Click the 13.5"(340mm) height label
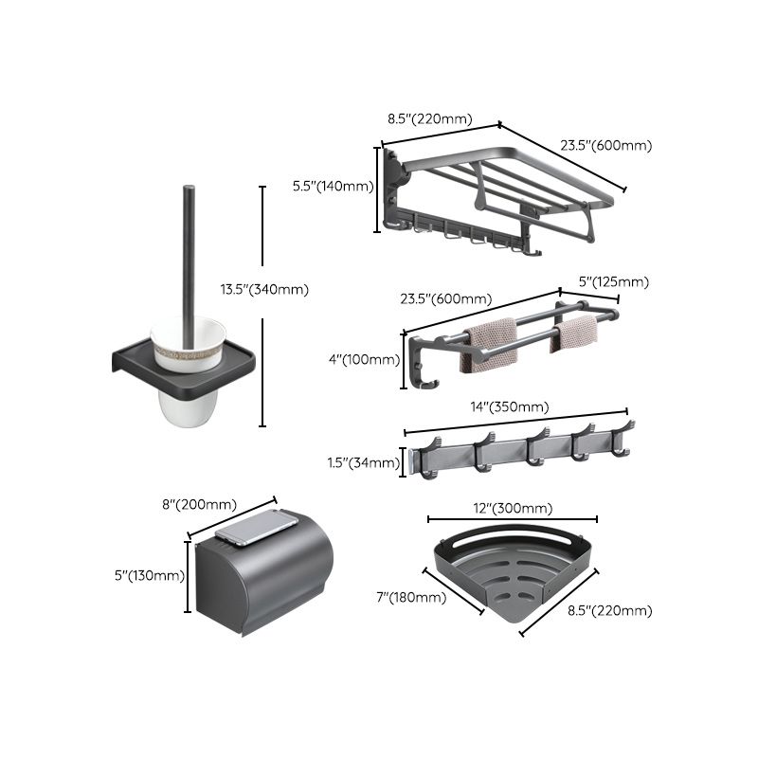(263, 290)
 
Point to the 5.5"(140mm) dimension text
(333, 187)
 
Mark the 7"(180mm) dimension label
(410, 597)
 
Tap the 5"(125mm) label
(613, 282)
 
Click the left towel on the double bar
(487, 342)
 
